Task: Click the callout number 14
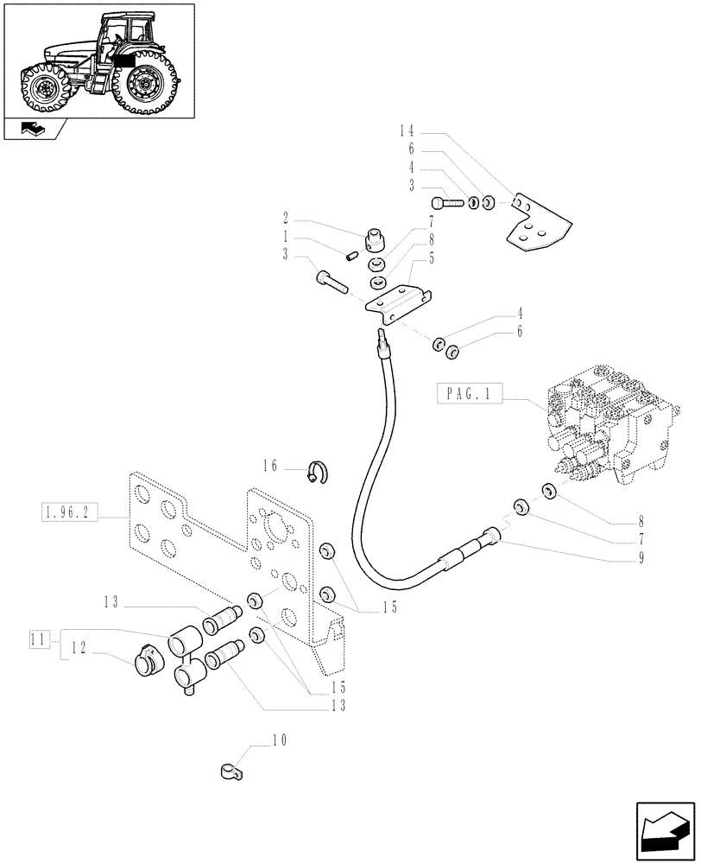coord(407,131)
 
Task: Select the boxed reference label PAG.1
coord(469,395)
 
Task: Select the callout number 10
coord(278,740)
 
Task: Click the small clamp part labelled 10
coord(231,767)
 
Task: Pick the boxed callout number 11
coord(36,640)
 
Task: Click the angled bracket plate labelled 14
coord(534,222)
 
